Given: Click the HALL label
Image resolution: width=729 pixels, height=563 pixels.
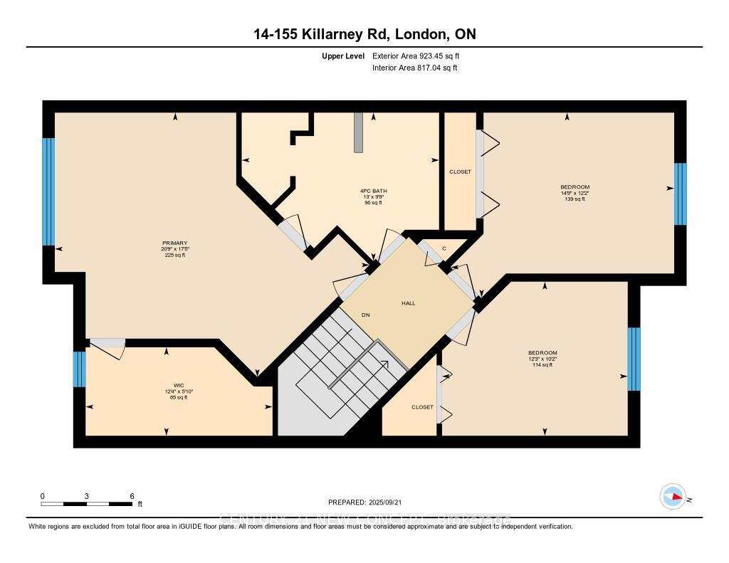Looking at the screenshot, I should [408, 303].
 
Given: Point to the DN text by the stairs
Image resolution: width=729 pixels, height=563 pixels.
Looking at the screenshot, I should [365, 315].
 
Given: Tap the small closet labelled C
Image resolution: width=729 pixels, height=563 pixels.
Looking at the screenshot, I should [444, 248].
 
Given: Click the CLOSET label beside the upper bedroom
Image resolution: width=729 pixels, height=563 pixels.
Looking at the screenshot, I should [460, 172].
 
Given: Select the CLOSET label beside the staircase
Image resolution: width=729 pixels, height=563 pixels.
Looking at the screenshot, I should [422, 407].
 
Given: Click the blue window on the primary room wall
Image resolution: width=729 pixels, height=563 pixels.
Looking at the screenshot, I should [48, 191].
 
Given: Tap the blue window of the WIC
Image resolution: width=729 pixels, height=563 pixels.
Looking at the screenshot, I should [80, 369].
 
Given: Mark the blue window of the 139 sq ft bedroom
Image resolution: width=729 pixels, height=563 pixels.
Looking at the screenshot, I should [680, 194].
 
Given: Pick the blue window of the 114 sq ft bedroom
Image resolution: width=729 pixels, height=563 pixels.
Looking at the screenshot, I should [634, 359].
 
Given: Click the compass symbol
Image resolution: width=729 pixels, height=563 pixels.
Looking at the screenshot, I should [672, 497].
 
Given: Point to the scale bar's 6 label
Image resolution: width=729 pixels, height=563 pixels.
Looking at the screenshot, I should [132, 496].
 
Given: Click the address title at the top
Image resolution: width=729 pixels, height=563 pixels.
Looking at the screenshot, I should [364, 34].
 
